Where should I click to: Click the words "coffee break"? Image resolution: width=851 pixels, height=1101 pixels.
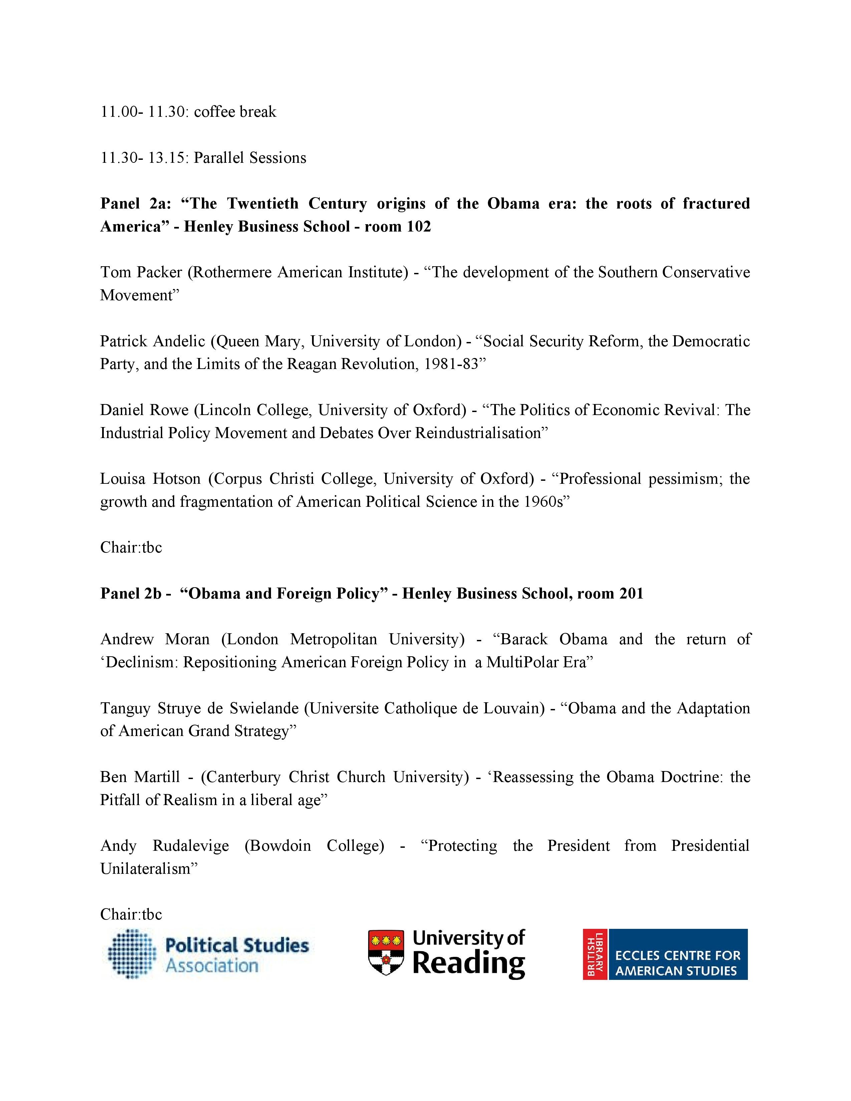pyautogui.click(x=235, y=111)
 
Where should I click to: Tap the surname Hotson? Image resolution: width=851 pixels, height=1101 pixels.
pyautogui.click(x=177, y=479)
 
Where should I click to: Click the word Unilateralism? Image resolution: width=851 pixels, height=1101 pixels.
pyautogui.click(x=145, y=868)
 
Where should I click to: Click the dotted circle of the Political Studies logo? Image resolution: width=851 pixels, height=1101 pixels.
pyautogui.click(x=130, y=954)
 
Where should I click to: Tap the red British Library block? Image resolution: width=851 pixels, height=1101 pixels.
pyautogui.click(x=595, y=954)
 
